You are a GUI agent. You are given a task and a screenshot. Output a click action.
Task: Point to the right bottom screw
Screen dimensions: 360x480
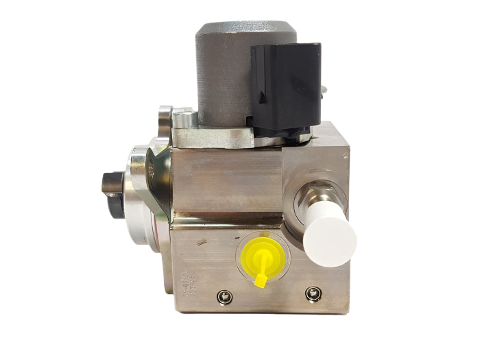coord(313,294)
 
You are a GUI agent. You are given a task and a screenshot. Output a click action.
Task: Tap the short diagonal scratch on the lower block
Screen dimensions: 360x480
coord(200,241)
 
